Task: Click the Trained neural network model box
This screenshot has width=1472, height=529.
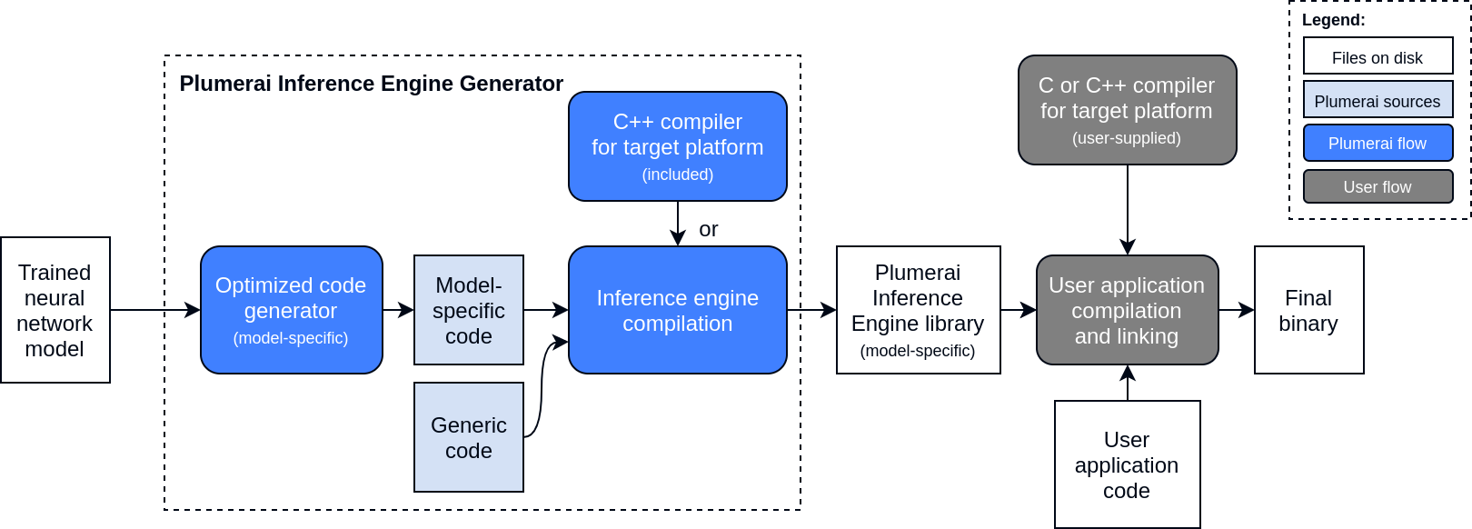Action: click(55, 310)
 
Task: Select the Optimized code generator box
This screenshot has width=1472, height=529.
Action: click(291, 310)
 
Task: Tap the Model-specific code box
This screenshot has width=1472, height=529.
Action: click(469, 310)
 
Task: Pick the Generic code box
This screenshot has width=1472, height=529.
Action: click(469, 437)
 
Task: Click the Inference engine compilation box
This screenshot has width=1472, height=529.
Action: click(678, 310)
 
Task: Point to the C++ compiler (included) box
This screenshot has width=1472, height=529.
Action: click(678, 146)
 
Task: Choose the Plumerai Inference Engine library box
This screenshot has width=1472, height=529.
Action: click(918, 310)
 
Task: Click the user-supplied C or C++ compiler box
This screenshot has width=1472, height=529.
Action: click(1127, 110)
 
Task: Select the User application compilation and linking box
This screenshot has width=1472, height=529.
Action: click(1127, 310)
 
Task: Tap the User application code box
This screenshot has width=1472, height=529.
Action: click(1127, 464)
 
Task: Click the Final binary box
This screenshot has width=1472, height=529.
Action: click(1308, 310)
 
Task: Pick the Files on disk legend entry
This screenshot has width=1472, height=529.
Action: click(1378, 56)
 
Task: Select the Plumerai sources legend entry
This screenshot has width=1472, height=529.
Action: click(1378, 100)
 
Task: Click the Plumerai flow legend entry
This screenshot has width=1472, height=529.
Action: click(1378, 144)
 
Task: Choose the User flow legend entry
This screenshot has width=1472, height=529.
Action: click(1378, 186)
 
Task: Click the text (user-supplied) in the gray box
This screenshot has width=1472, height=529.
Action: click(1127, 138)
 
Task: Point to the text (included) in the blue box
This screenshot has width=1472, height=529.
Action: click(678, 175)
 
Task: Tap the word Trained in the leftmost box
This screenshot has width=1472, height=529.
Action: click(55, 273)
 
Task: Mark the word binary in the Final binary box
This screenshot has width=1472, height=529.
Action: click(1308, 324)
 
